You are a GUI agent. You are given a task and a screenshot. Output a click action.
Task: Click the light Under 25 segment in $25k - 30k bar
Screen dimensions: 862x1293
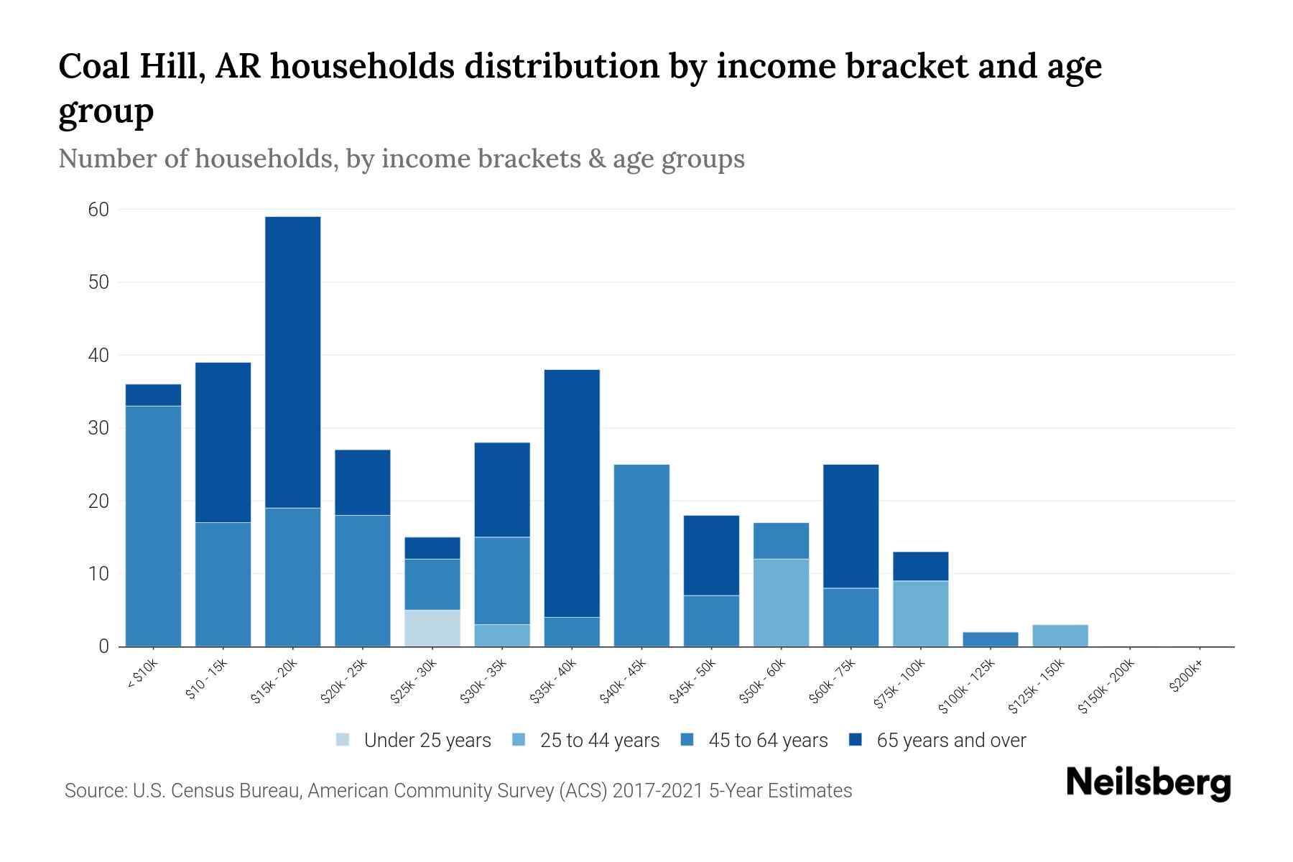click(x=432, y=628)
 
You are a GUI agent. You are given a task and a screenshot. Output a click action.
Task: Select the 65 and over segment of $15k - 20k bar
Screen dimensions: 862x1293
click(x=293, y=362)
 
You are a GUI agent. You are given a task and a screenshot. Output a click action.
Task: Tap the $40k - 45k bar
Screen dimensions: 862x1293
click(x=641, y=555)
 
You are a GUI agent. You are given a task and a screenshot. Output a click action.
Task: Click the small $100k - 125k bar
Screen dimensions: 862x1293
click(x=991, y=639)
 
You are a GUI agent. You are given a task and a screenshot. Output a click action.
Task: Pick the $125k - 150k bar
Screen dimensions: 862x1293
click(x=1060, y=635)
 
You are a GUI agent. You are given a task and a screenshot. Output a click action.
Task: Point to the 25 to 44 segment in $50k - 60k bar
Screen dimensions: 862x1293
click(x=781, y=602)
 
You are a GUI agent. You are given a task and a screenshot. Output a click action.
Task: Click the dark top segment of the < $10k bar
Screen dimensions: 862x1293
click(x=153, y=395)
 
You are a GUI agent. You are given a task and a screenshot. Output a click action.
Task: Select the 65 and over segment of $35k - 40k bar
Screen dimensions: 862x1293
click(x=572, y=493)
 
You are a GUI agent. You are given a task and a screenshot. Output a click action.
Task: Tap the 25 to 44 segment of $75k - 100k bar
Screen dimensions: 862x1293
click(x=921, y=613)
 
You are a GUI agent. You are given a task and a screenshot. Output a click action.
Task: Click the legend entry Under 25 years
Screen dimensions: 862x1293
click(x=427, y=741)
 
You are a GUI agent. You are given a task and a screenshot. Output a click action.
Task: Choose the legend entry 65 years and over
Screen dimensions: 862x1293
click(x=950, y=741)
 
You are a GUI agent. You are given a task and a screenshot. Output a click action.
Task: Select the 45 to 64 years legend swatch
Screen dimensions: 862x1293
click(x=687, y=741)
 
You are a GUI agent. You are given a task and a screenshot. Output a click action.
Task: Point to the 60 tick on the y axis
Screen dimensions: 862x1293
click(x=98, y=210)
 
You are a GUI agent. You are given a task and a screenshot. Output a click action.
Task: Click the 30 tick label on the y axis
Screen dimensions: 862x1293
click(x=98, y=428)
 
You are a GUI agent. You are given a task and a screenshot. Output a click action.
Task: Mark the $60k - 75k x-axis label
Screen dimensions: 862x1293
click(x=833, y=681)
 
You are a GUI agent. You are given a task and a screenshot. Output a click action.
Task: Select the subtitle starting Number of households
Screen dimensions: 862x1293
click(x=401, y=159)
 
